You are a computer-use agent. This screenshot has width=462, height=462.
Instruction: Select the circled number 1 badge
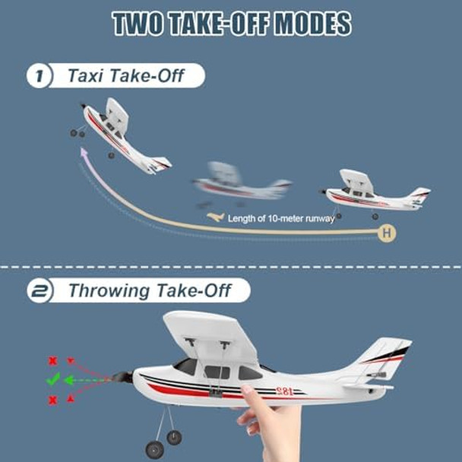(38, 76)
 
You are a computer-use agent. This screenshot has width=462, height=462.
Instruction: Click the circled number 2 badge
(38, 292)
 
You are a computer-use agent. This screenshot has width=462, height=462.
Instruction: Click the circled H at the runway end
(388, 233)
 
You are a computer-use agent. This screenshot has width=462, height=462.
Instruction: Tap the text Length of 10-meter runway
(281, 218)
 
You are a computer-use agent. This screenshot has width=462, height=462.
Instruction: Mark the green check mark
(52, 380)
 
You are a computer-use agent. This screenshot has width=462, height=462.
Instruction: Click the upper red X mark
(52, 361)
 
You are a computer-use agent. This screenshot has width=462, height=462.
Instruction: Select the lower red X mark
(52, 400)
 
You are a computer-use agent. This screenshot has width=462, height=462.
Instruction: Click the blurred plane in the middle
(239, 183)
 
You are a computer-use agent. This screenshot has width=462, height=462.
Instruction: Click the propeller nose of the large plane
(123, 375)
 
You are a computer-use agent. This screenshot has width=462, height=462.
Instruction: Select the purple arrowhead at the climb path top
(82, 152)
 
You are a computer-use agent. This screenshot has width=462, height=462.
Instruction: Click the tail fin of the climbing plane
(161, 163)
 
